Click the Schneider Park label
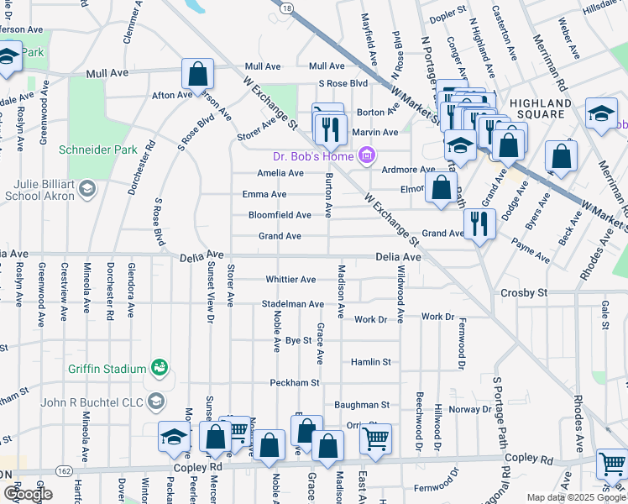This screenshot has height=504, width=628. tap(97, 150)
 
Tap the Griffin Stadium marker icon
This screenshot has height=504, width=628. tap(159, 367)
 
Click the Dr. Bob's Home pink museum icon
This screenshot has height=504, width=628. tap(365, 156)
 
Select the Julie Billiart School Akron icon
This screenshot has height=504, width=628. tap(86, 189)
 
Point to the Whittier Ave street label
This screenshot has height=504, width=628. tap(290, 279)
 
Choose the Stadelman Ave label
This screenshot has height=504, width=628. tap(292, 303)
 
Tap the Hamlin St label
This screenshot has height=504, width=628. tap(371, 361)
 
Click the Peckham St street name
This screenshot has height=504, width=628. tap(295, 382)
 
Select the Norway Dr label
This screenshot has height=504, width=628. tap(469, 409)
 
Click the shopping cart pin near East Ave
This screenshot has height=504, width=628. tap(375, 438)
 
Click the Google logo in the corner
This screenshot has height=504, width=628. tap(28, 494)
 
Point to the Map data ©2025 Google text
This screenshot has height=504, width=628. tap(575, 497)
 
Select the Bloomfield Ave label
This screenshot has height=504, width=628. tap(280, 215)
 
